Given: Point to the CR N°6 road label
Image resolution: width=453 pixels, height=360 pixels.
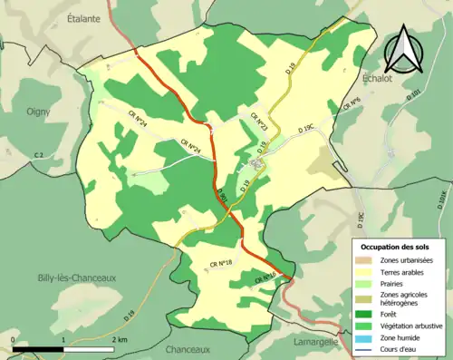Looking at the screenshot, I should click(x=351, y=106).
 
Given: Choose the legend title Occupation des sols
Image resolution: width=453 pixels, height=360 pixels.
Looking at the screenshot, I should click(x=395, y=247).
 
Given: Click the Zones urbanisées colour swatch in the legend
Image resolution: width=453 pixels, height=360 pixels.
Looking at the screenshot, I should click(x=365, y=260).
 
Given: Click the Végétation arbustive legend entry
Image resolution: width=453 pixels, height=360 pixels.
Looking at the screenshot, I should click(x=400, y=322).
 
